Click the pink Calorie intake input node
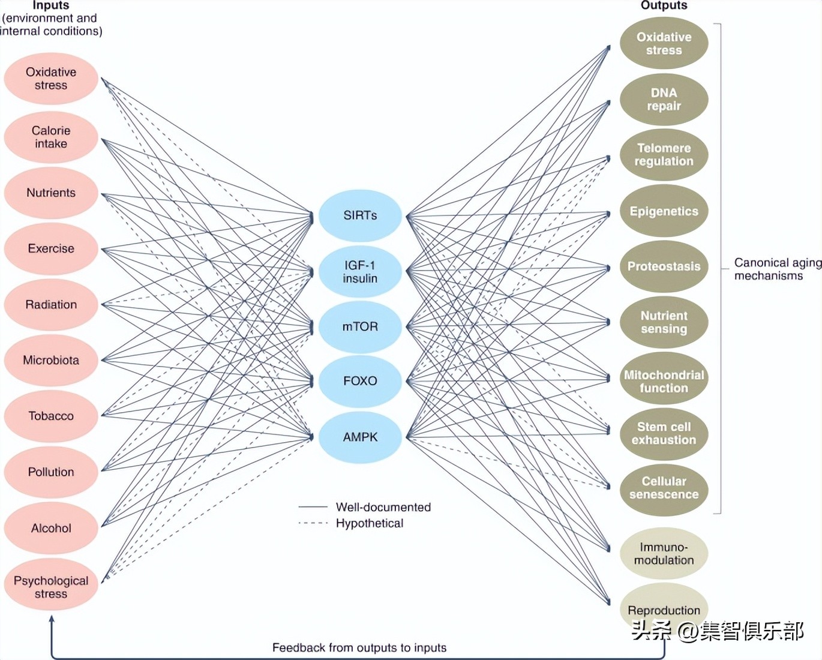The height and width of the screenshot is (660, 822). point(51,137)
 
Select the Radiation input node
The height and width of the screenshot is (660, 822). point(51,305)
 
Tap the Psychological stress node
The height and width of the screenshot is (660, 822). point(51,587)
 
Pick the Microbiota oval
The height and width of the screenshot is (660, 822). point(51,361)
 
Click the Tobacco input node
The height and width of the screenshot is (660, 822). point(51,416)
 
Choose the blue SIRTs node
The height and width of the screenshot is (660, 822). point(360,215)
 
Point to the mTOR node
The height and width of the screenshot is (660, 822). point(360,327)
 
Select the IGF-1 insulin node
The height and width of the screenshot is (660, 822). point(360,272)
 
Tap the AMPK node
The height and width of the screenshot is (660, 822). point(360,437)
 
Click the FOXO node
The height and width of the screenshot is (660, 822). point(360,381)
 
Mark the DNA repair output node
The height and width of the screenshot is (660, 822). point(664,100)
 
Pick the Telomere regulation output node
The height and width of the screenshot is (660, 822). point(664,155)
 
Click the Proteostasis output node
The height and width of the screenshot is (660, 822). point(664,266)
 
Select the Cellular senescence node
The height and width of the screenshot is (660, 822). point(664,488)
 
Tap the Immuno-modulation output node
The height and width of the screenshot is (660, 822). point(664,553)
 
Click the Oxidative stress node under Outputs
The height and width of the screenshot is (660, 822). point(664,44)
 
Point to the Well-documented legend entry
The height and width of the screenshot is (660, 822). point(383,507)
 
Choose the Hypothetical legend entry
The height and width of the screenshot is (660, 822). point(369,523)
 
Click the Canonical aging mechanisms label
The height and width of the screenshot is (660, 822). point(777,269)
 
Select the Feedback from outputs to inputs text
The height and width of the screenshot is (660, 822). point(359,647)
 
